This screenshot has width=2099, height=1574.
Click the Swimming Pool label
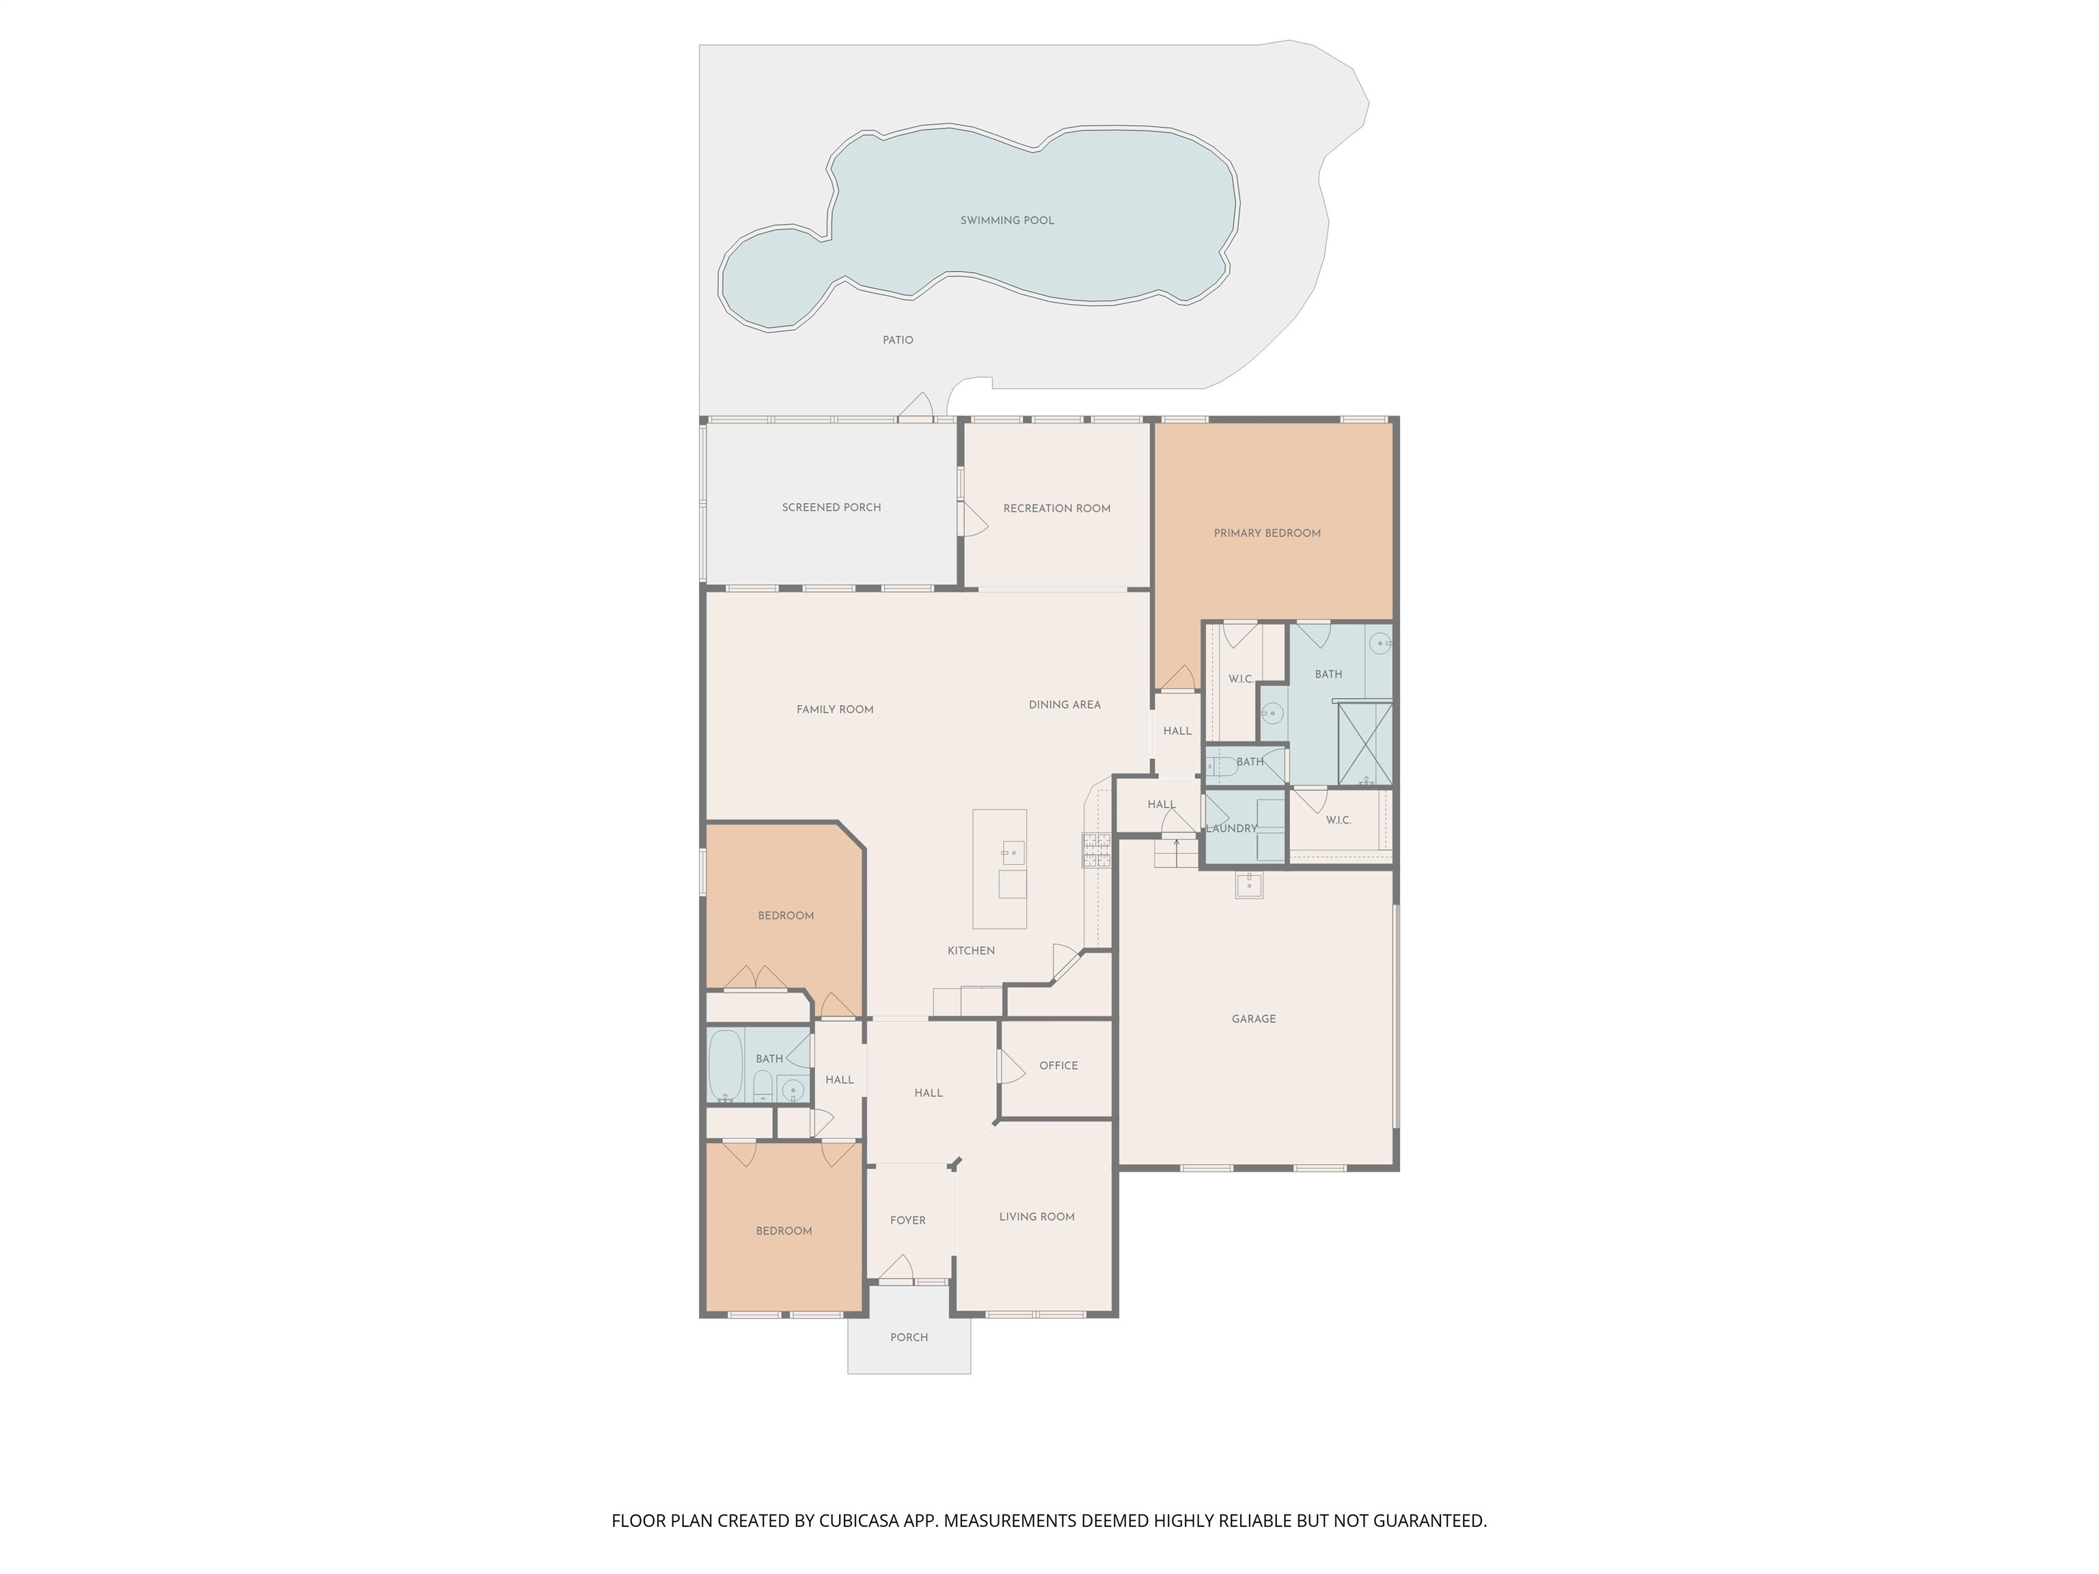[x=1007, y=220]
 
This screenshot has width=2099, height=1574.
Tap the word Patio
[x=898, y=340]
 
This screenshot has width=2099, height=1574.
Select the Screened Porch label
[x=832, y=508]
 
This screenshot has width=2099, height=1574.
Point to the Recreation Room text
[x=1056, y=508]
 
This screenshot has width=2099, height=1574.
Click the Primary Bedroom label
[x=1267, y=533]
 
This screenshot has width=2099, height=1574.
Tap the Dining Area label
[x=1065, y=705]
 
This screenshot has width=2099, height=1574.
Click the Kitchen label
[x=971, y=951]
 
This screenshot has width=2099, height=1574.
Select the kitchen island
[x=999, y=869]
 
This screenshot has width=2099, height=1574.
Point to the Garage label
[x=1254, y=1019]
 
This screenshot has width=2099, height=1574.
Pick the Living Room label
[x=1037, y=1216]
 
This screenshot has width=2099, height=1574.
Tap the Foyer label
[x=907, y=1220]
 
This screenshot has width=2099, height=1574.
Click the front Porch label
[x=908, y=1337]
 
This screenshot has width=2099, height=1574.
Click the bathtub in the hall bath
[x=726, y=1066]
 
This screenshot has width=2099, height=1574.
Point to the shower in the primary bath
[x=1364, y=745]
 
